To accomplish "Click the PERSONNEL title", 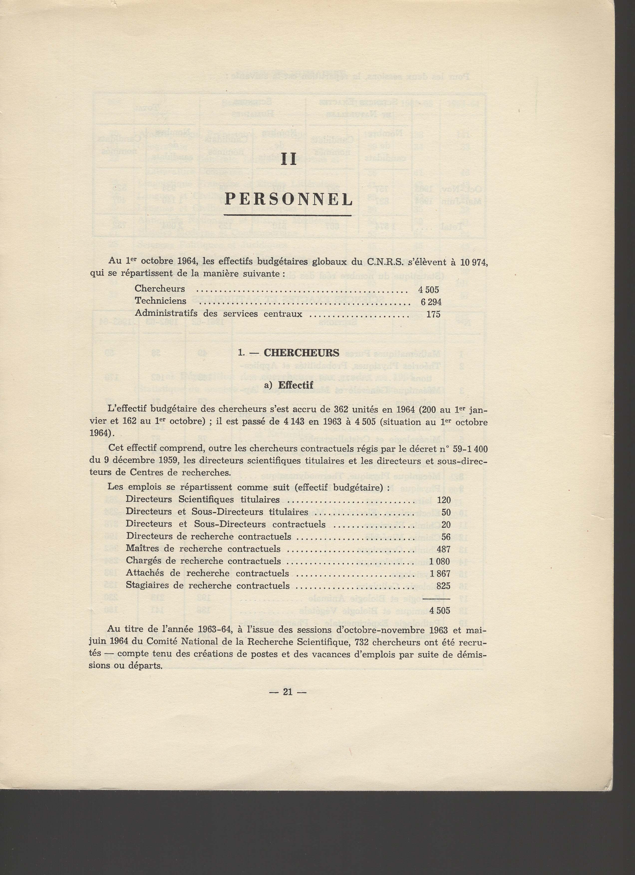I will [288, 200].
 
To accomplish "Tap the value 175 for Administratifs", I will [433, 314].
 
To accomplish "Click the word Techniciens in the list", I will [160, 301].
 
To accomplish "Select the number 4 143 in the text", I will [295, 422].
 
